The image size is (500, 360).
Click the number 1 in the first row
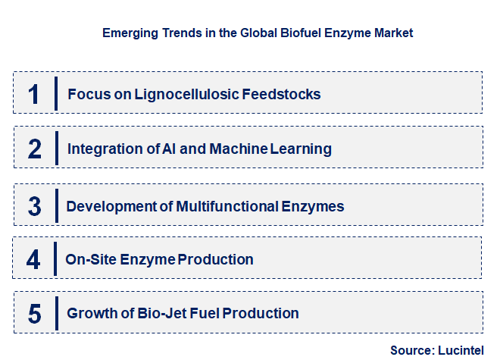(33, 94)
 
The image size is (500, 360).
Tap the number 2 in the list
(34, 149)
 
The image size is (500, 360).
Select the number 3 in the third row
(34, 206)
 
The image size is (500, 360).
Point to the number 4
(33, 260)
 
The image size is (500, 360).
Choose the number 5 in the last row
(34, 313)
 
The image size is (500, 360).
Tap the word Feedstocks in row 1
(283, 95)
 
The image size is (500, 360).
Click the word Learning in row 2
(302, 149)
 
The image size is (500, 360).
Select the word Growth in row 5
(90, 313)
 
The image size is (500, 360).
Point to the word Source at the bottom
(410, 350)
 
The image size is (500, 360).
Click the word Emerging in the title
(127, 33)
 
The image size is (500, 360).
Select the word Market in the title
(392, 33)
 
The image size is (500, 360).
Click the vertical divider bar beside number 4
(56, 260)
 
